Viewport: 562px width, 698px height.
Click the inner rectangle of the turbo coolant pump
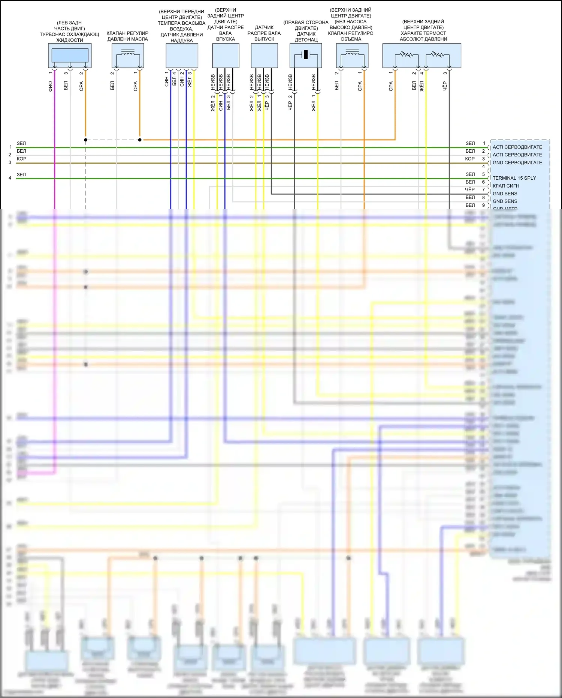(x=70, y=55)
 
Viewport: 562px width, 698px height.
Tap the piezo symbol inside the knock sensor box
(x=306, y=55)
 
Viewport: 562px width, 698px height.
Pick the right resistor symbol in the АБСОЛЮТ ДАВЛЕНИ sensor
(x=437, y=55)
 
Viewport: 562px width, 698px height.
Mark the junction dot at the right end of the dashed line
(x=140, y=140)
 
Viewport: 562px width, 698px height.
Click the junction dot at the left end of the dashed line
(x=86, y=140)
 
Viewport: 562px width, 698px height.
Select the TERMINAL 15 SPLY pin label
(x=514, y=178)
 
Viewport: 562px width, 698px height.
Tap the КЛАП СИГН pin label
(x=506, y=186)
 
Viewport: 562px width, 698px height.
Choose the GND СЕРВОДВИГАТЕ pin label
(x=517, y=163)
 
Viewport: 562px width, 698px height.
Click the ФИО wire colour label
(x=51, y=86)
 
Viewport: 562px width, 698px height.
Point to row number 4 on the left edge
(x=10, y=178)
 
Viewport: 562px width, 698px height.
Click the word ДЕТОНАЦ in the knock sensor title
(x=306, y=40)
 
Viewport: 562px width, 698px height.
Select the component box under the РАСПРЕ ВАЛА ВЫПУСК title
(x=264, y=56)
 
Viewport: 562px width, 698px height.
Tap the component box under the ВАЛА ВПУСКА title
(x=226, y=56)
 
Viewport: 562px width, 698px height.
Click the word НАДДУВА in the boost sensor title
(x=182, y=41)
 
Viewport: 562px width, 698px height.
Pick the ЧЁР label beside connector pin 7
(x=470, y=190)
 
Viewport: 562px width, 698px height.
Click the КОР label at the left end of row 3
(x=22, y=159)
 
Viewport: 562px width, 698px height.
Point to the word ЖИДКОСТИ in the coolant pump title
(x=70, y=40)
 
